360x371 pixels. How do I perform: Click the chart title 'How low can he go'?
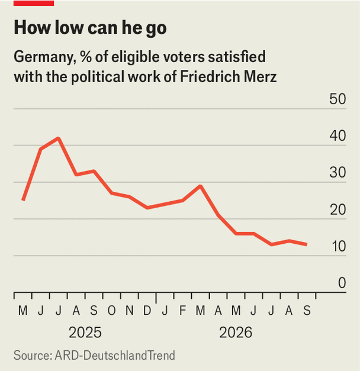coord(90,28)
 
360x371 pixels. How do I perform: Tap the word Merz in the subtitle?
coord(261,77)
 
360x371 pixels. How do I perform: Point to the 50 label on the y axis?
coord(337,99)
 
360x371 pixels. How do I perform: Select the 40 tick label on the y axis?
coord(337,136)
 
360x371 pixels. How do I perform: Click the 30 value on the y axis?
coord(337,173)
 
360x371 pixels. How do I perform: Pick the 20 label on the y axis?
coord(338,209)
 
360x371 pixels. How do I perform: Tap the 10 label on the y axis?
coord(339,246)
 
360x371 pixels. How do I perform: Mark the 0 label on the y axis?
coord(342,283)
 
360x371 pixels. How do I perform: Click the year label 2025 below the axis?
coord(85,333)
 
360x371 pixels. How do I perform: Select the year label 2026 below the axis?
coord(236,333)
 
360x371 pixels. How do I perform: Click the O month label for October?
coord(111,311)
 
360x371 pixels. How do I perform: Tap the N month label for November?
coord(129,311)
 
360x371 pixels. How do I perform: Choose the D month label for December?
coord(147,311)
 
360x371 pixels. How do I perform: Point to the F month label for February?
coord(182,311)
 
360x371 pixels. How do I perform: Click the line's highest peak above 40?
coord(58,138)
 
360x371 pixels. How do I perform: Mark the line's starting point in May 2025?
coord(23,200)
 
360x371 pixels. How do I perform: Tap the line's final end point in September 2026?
coord(307,244)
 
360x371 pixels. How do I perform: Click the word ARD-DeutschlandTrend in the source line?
coord(115,356)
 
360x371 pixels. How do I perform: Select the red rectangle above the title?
coord(34,3)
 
